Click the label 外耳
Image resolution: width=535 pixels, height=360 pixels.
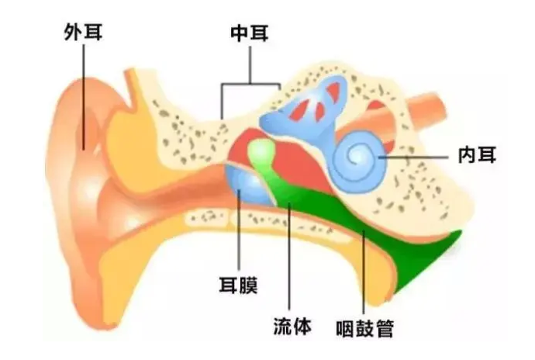pos(82,33)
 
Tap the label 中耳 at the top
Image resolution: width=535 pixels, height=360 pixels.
pos(250,33)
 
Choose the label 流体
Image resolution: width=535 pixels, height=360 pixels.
pos(292,325)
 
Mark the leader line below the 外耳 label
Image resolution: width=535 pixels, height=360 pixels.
pos(82,93)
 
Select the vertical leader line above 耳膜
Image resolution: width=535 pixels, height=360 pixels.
pos(239,233)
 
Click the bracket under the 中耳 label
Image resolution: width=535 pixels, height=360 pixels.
pos(250,84)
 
